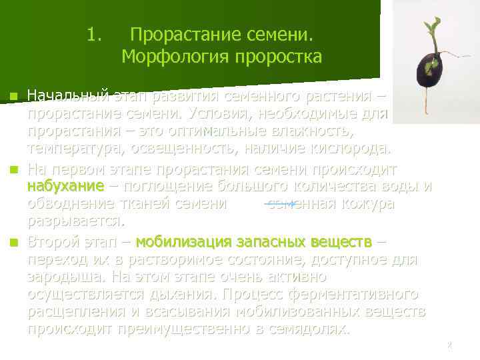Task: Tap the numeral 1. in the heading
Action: [x=94, y=33]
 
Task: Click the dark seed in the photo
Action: [x=430, y=66]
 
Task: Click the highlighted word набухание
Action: [x=65, y=185]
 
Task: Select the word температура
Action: [x=74, y=147]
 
